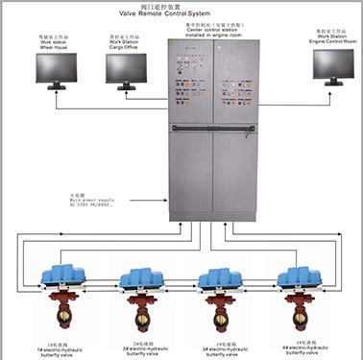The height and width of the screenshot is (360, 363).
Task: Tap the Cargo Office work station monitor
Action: (x=126, y=67)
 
